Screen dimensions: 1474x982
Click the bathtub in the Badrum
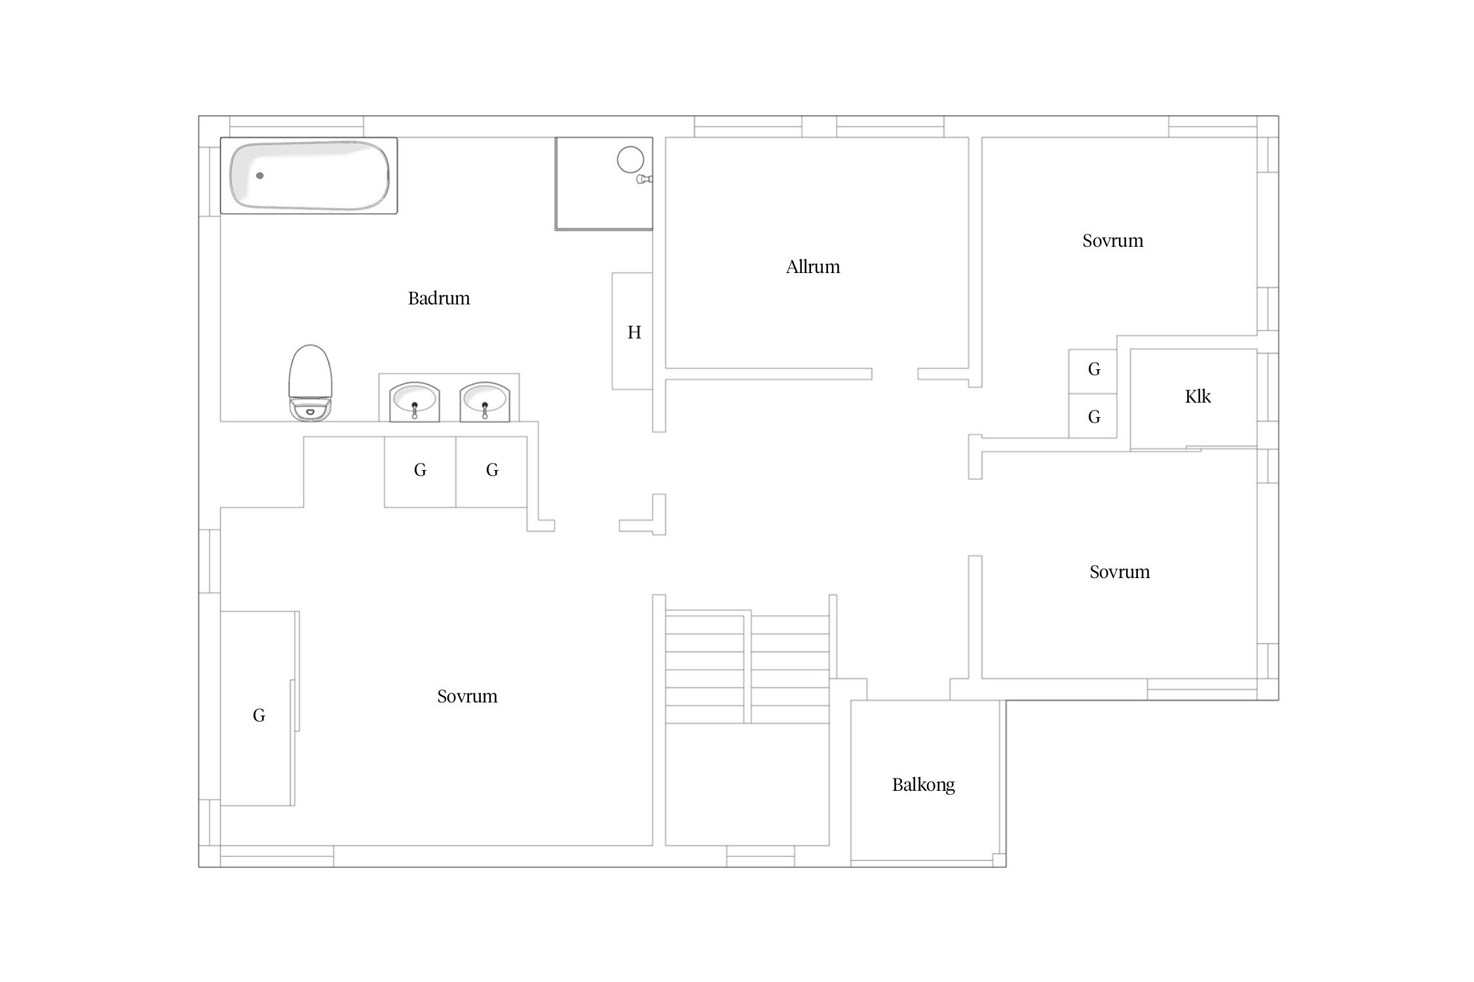(309, 175)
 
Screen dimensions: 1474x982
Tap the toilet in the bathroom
(311, 383)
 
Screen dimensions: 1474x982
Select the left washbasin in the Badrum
(415, 401)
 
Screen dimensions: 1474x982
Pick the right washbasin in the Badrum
(485, 401)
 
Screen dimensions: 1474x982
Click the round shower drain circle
(631, 159)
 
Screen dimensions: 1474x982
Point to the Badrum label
(439, 299)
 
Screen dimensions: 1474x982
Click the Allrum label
(813, 267)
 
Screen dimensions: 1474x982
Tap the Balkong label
(924, 785)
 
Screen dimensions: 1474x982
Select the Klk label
(1198, 396)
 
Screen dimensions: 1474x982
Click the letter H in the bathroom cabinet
(634, 333)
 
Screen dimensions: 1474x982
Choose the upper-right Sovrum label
(1113, 241)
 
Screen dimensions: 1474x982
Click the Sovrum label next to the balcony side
(1120, 572)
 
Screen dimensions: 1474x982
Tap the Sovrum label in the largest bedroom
(467, 697)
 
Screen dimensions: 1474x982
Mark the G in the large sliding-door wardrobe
(259, 716)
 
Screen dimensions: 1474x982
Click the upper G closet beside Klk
(1094, 369)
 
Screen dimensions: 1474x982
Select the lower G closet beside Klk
(1094, 416)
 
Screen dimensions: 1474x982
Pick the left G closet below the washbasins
(421, 469)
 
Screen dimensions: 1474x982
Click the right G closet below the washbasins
(492, 469)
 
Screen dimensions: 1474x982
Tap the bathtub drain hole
(260, 175)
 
